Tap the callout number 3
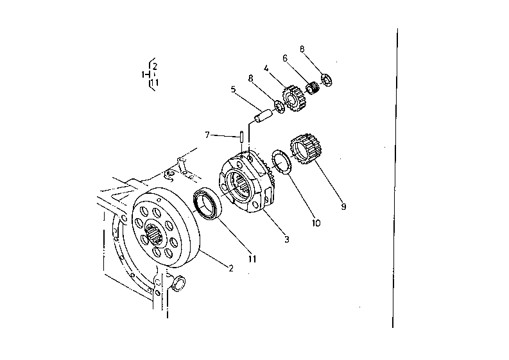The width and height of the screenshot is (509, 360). click(x=286, y=239)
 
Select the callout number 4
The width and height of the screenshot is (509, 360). click(x=266, y=67)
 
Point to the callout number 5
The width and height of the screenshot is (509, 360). click(x=233, y=90)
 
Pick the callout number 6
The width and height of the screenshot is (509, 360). click(x=284, y=58)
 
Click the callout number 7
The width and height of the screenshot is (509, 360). click(x=207, y=135)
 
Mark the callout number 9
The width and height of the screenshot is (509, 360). click(x=343, y=207)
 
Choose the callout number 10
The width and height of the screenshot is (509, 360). click(x=316, y=223)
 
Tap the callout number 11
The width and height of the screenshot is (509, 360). click(x=252, y=259)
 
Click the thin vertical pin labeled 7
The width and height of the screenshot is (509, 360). click(x=241, y=137)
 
